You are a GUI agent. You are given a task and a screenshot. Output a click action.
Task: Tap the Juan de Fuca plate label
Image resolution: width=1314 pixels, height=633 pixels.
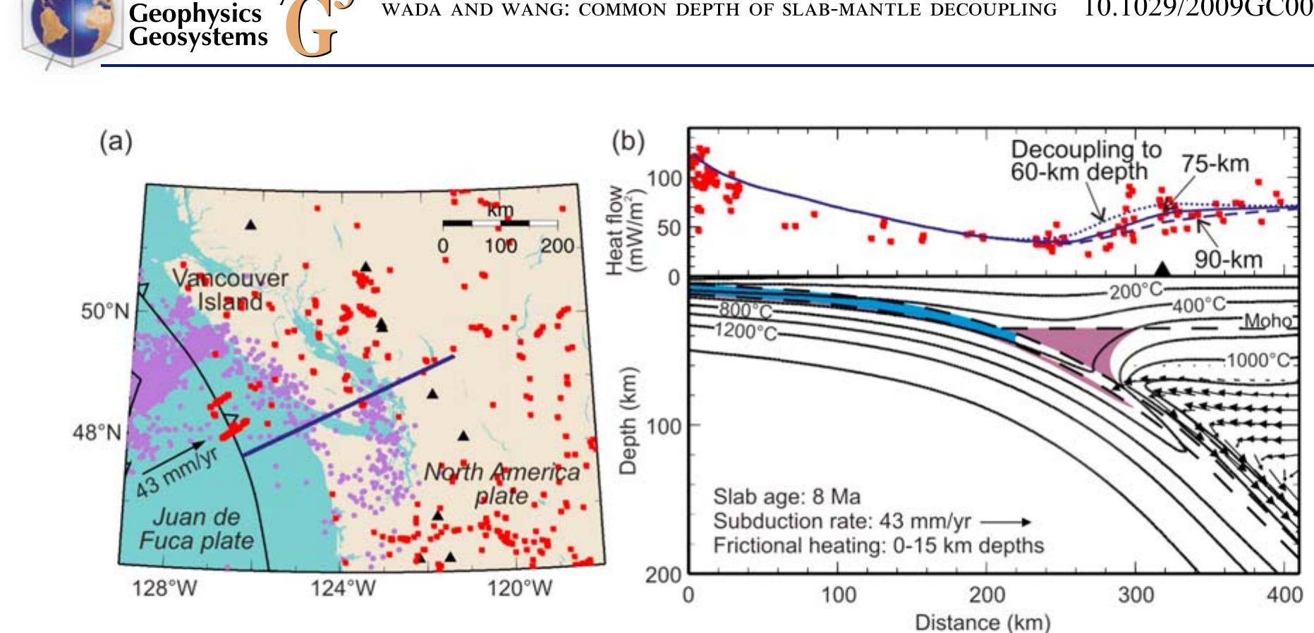tap(196, 529)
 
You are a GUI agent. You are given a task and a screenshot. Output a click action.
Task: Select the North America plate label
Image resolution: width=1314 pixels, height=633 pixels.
tap(501, 484)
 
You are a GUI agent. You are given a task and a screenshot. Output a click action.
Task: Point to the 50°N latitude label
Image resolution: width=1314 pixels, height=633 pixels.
tap(105, 311)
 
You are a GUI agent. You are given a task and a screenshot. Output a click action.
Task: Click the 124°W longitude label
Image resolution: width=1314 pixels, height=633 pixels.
tap(343, 588)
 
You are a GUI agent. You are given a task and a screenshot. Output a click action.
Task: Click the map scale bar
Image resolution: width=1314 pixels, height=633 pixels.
tap(500, 223)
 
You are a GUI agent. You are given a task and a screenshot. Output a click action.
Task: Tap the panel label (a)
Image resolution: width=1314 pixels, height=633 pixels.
tap(116, 142)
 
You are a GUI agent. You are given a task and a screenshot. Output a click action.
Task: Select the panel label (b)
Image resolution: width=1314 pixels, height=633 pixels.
tap(628, 142)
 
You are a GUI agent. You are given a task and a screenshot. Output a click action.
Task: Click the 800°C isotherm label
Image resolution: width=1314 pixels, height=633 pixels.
tap(746, 311)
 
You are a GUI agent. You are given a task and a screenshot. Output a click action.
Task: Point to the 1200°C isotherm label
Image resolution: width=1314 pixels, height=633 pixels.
tap(746, 331)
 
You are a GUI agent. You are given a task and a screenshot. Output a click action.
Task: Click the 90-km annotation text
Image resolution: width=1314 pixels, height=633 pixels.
tap(1228, 259)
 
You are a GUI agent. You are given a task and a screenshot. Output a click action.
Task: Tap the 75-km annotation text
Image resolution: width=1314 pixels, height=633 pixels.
tap(1215, 164)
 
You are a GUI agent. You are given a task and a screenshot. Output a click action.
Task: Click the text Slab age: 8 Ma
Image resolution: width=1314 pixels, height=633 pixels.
tap(786, 497)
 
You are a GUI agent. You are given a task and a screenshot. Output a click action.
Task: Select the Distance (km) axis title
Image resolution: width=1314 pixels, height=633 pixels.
tap(983, 622)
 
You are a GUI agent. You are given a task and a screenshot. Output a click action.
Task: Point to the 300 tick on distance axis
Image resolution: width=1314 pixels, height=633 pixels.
tap(1136, 596)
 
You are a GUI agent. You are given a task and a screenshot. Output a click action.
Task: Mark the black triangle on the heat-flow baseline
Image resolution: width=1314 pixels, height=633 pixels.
tap(1162, 268)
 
